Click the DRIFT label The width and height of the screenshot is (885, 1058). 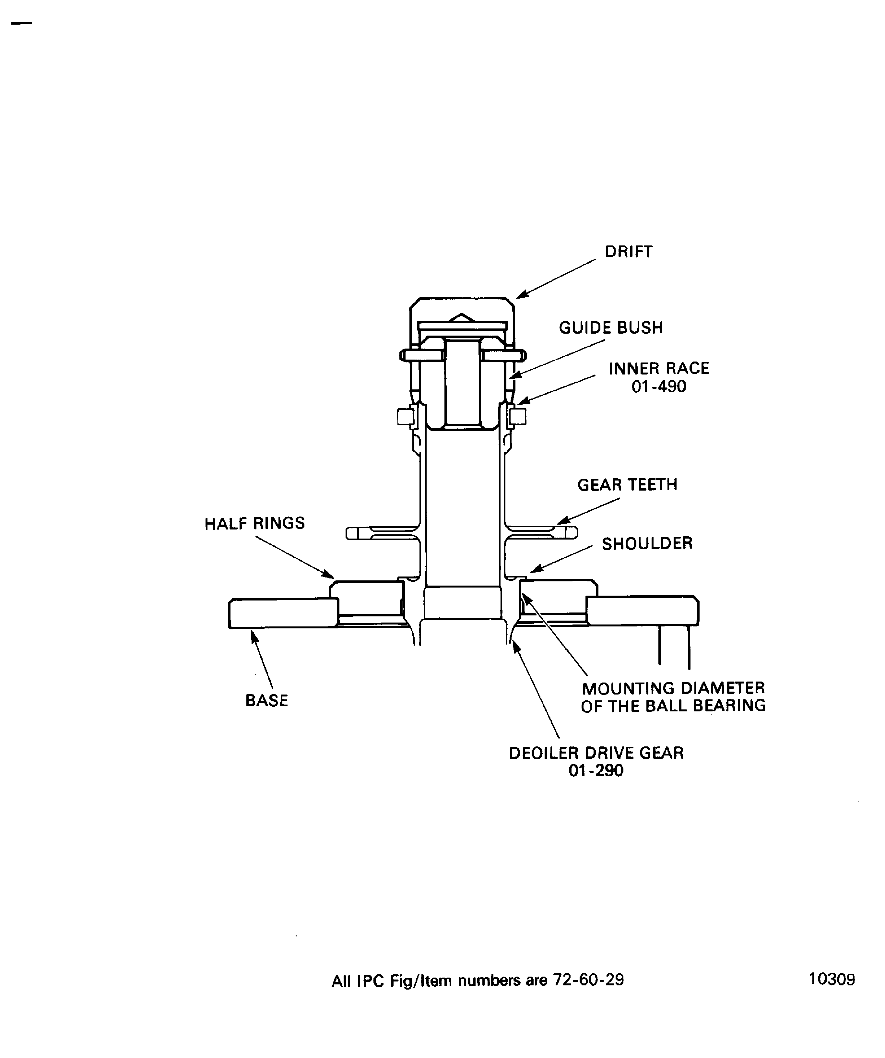click(628, 252)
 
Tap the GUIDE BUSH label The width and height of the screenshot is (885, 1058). click(610, 328)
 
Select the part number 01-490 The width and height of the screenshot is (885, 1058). click(658, 387)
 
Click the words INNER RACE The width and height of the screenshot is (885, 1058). click(658, 369)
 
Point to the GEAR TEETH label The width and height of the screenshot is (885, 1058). click(627, 485)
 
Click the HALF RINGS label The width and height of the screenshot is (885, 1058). click(254, 523)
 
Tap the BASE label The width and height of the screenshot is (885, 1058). click(266, 700)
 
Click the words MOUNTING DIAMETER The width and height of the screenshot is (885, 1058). click(673, 688)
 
